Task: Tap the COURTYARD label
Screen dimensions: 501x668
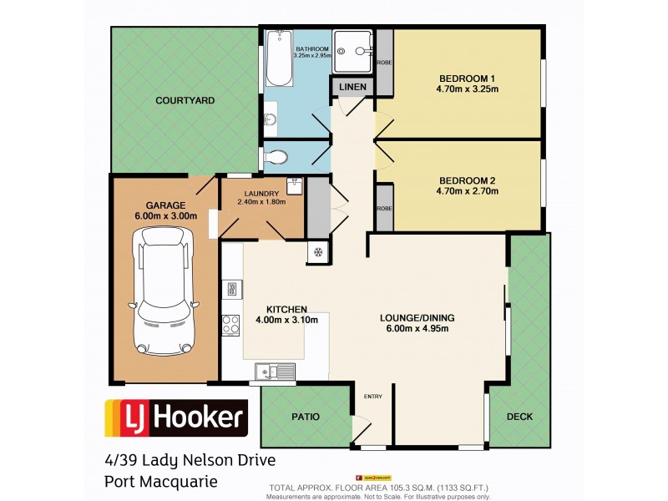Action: pyautogui.click(x=185, y=100)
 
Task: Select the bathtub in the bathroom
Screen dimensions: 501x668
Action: pyautogui.click(x=278, y=58)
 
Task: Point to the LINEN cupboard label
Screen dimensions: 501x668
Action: pyautogui.click(x=352, y=86)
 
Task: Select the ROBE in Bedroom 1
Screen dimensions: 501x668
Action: pyautogui.click(x=384, y=63)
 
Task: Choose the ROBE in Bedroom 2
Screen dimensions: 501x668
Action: pyautogui.click(x=384, y=210)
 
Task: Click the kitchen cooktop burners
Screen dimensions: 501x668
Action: pyautogui.click(x=230, y=326)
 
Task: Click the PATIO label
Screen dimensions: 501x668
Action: pyautogui.click(x=305, y=416)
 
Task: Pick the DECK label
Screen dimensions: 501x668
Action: pyautogui.click(x=519, y=416)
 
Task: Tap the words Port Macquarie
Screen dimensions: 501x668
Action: pyautogui.click(x=160, y=481)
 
